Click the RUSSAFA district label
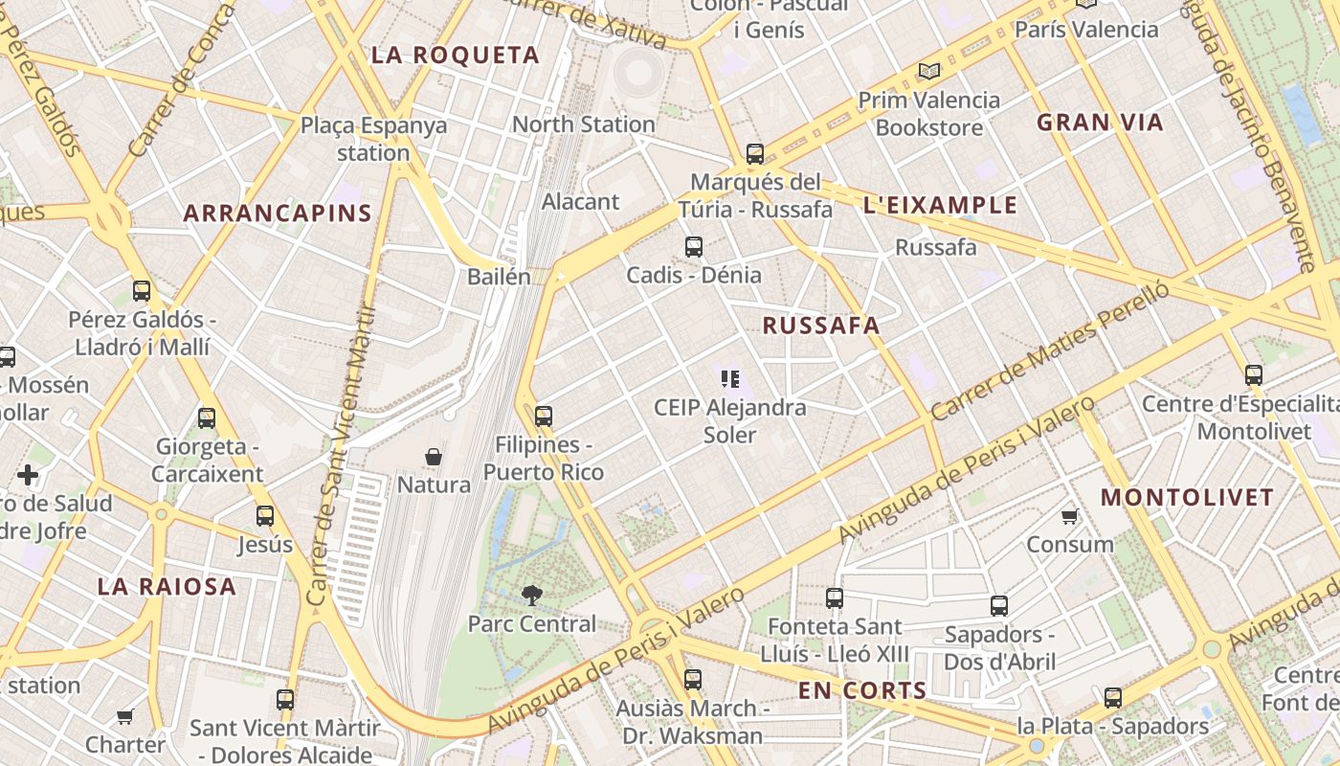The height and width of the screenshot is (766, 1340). click(820, 326)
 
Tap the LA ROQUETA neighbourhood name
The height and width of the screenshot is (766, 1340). click(455, 56)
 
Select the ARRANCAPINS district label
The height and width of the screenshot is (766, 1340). click(277, 214)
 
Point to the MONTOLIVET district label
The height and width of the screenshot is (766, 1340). click(1187, 498)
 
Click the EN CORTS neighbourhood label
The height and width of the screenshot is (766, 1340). click(862, 690)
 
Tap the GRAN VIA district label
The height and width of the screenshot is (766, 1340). click(1100, 123)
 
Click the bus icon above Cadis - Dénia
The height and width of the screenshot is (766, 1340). click(694, 247)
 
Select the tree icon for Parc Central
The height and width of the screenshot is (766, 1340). click(531, 596)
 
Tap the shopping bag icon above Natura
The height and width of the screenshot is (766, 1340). click(434, 457)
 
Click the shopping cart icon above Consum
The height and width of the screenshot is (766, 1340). click(1069, 517)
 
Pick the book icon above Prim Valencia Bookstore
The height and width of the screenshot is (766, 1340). click(928, 71)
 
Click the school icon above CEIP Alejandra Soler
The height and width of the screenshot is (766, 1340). click(730, 379)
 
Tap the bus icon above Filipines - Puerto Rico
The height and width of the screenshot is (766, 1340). click(544, 417)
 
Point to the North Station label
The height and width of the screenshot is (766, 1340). click(583, 124)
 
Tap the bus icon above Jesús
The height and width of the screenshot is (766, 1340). click(265, 516)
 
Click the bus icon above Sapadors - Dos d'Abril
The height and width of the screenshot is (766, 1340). click(999, 605)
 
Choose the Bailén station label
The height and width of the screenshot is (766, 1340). click(499, 277)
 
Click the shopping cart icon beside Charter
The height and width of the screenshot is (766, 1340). click(124, 716)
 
